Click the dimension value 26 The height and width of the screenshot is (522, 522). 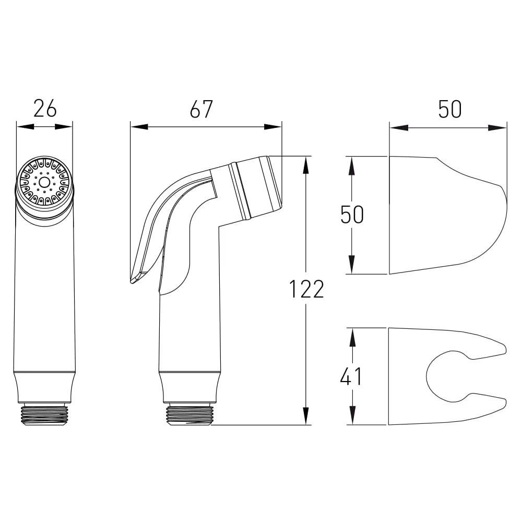(45, 109)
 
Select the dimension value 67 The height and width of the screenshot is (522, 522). (201, 109)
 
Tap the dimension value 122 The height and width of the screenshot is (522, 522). (306, 289)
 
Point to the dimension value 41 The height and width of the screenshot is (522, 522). (351, 376)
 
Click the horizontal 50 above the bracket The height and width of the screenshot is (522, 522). (450, 109)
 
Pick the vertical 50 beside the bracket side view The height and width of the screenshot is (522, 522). (352, 215)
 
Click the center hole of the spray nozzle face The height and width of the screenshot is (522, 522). (44, 182)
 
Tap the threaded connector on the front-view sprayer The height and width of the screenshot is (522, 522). (44, 414)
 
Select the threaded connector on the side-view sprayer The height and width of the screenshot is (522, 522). (189, 414)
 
